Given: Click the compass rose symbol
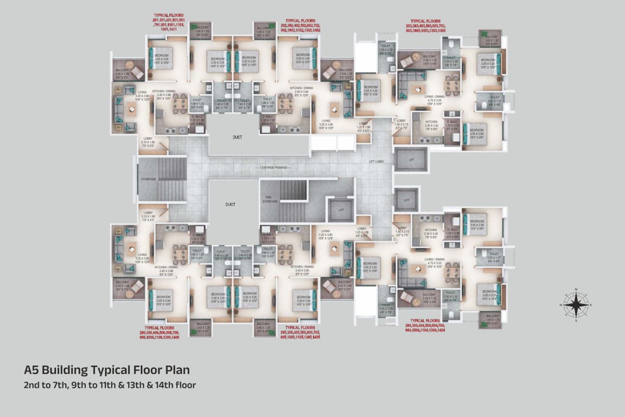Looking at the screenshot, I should pyautogui.click(x=576, y=305).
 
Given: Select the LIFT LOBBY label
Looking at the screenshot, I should pyautogui.click(x=377, y=162).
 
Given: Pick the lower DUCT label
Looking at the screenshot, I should pyautogui.click(x=231, y=204).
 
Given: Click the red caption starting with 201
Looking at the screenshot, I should pyautogui.click(x=176, y=24).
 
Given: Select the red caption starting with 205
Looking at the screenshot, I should pyautogui.click(x=301, y=332).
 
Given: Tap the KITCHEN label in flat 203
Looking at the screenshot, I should pyautogui.click(x=431, y=122).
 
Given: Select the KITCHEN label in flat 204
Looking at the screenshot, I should pyautogui.click(x=431, y=230).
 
